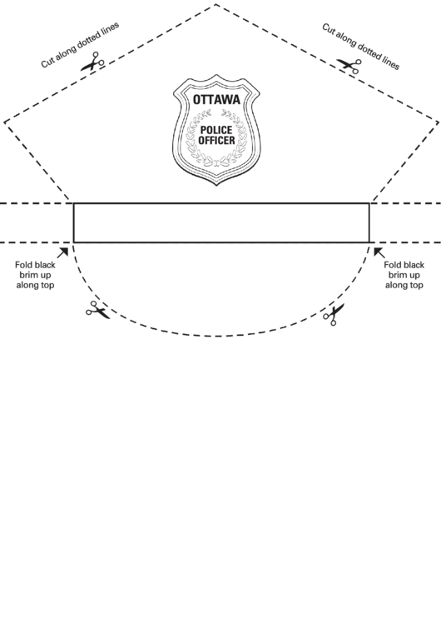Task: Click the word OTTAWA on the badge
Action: click(x=216, y=99)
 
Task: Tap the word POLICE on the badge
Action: click(x=216, y=130)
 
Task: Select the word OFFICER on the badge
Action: click(x=216, y=140)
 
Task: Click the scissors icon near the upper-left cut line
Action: click(x=92, y=62)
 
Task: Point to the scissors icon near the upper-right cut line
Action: click(x=349, y=65)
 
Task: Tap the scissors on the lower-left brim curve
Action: click(x=97, y=310)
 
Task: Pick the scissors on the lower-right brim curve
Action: click(x=334, y=314)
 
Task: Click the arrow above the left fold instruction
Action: click(x=62, y=252)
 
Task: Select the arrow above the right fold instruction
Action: click(x=379, y=252)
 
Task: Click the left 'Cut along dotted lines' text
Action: click(x=80, y=45)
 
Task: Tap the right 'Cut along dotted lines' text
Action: click(x=361, y=46)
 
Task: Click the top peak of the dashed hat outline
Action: click(x=216, y=5)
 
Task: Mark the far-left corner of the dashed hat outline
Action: click(x=5, y=122)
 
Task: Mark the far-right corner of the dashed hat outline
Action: click(x=438, y=122)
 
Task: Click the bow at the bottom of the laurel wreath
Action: click(x=216, y=162)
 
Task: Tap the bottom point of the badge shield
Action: click(x=216, y=185)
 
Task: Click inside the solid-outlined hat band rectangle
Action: click(x=221, y=223)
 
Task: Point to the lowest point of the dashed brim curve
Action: click(x=218, y=336)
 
